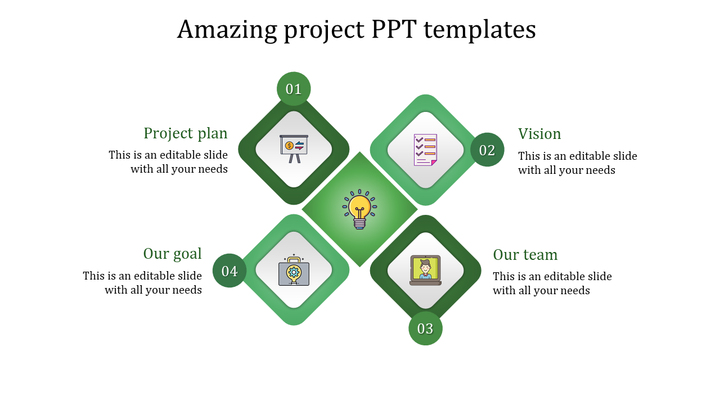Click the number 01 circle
point(294,89)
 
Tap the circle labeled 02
point(487,150)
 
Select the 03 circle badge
point(425,328)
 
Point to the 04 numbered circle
point(229,271)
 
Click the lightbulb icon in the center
point(359,209)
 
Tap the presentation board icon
point(294,149)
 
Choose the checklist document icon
point(425,150)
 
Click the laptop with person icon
point(425,271)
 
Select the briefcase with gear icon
point(294,270)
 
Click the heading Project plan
point(186,134)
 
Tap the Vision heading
point(539,134)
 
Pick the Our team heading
point(525,255)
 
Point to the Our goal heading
point(172,254)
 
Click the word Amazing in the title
point(227,30)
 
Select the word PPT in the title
point(394,30)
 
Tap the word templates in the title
point(480,30)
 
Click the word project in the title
point(325,30)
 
